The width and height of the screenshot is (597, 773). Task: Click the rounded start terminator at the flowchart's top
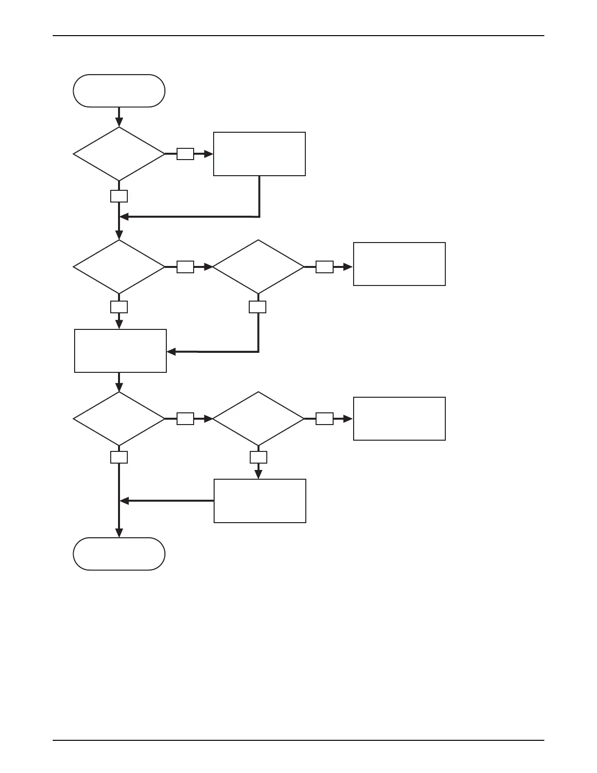[x=119, y=91]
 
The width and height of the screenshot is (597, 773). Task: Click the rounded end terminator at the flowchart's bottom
[x=119, y=554]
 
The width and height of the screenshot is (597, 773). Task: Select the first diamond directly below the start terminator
[x=119, y=154]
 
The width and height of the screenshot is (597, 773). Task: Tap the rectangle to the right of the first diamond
[x=259, y=154]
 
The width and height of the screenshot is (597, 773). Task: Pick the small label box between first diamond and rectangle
[x=185, y=154]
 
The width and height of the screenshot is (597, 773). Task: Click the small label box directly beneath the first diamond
[x=119, y=196]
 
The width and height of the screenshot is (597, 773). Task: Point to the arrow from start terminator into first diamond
[x=119, y=117]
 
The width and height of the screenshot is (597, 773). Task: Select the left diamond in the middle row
[x=119, y=267]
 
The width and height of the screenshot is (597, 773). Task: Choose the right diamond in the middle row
[x=259, y=267]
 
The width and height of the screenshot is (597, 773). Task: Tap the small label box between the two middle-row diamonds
[x=185, y=267]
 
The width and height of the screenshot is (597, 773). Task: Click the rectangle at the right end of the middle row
[x=399, y=264]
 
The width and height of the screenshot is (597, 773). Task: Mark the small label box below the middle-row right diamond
[x=258, y=307]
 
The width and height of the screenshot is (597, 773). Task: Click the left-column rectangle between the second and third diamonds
[x=120, y=351]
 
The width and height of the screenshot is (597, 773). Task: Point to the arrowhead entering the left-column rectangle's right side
[x=171, y=351]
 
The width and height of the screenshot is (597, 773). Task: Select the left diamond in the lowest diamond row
[x=119, y=419]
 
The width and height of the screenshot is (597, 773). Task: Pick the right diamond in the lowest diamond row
[x=259, y=419]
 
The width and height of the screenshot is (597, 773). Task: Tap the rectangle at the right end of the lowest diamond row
[x=399, y=419]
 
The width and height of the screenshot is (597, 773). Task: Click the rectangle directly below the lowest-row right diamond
[x=260, y=501]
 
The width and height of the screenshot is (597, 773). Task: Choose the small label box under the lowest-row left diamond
[x=119, y=457]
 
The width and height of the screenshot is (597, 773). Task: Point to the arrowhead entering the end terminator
[x=119, y=533]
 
